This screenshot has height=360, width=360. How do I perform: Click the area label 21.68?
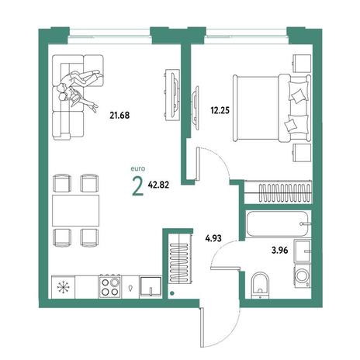(119, 115)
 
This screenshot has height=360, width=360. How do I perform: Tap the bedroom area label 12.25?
(220, 110)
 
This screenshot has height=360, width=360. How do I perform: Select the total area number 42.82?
(158, 185)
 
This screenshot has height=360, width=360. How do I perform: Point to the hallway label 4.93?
(213, 238)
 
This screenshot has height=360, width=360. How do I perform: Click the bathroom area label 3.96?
(280, 251)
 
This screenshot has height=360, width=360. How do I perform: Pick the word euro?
(138, 169)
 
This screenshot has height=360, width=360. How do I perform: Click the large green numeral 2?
(138, 187)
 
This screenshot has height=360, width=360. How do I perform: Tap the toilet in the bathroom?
(260, 286)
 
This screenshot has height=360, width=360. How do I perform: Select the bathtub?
(279, 224)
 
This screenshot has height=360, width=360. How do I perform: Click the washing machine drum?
(302, 276)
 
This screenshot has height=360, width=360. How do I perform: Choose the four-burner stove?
(110, 286)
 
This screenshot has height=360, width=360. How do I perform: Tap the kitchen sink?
(151, 287)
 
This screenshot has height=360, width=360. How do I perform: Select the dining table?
(76, 210)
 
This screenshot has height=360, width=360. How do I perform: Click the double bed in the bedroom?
(272, 108)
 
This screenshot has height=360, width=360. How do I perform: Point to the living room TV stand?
(171, 94)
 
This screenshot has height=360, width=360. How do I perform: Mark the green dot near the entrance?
(171, 293)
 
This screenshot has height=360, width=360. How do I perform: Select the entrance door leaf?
(202, 327)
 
